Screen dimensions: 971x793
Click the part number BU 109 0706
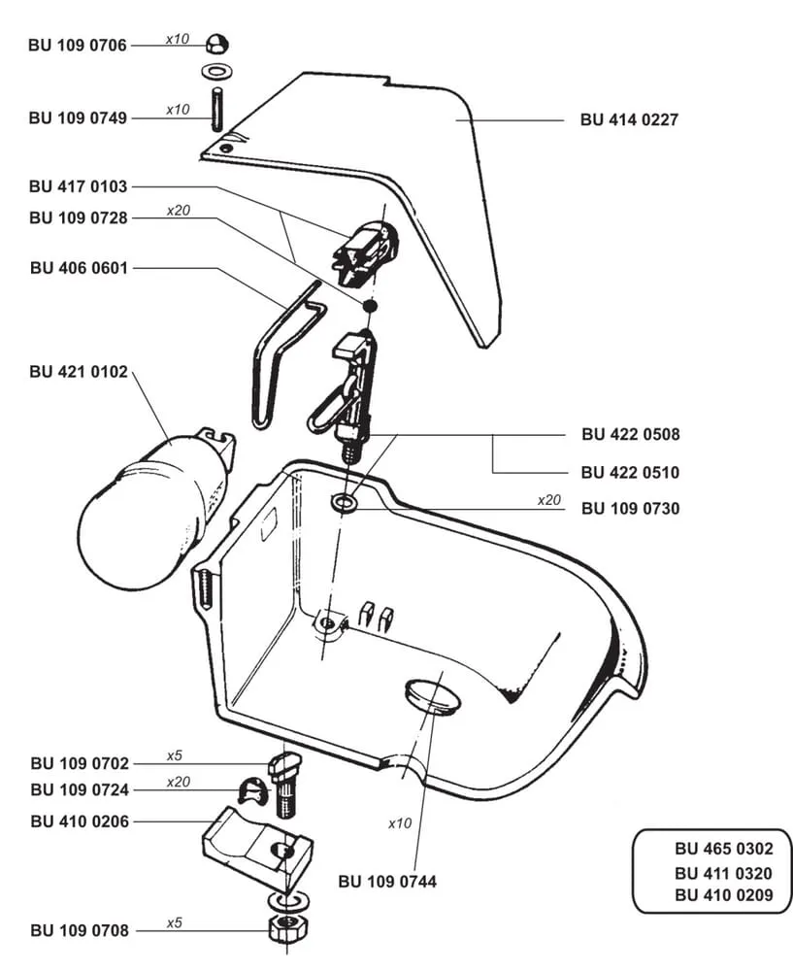(x=78, y=46)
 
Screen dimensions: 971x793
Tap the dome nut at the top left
(x=217, y=44)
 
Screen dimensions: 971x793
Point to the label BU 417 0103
(x=78, y=185)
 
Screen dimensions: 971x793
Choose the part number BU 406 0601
(x=79, y=267)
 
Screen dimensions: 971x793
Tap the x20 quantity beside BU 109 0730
(x=550, y=500)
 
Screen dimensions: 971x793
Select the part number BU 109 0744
(x=387, y=882)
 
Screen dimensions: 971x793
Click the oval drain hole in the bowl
(x=431, y=696)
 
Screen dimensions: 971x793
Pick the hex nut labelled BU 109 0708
(x=282, y=926)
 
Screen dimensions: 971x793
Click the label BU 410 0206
(x=79, y=820)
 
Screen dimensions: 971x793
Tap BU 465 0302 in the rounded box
(x=724, y=848)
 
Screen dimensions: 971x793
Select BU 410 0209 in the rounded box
(x=724, y=895)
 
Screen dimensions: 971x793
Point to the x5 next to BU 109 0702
(x=175, y=755)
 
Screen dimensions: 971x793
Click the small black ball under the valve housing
(x=369, y=306)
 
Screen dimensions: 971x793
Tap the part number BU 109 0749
(x=78, y=118)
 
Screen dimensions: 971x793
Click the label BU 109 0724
(x=79, y=789)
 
